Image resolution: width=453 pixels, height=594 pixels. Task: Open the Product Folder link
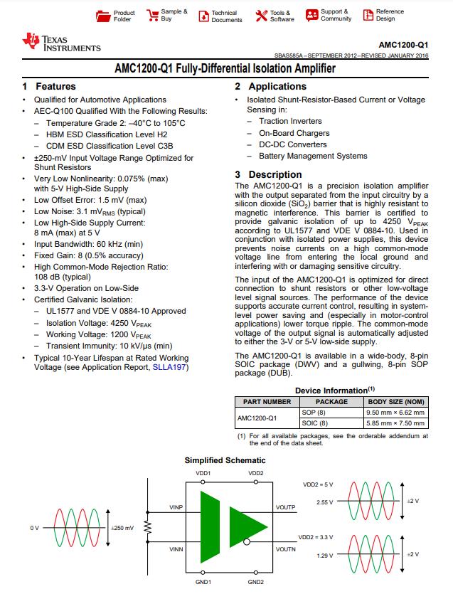coord(124,16)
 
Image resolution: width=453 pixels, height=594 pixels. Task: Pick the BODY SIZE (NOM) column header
coord(396,402)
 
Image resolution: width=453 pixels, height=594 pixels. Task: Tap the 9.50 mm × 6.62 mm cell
coord(395,412)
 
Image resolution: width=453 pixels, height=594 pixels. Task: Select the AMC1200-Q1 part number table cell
coord(257,418)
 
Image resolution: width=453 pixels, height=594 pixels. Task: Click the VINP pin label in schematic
coord(176,507)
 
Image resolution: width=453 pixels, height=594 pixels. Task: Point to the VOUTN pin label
coord(284,549)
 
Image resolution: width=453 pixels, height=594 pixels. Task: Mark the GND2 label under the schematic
coord(256,582)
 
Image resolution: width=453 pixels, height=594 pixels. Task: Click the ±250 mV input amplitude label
coord(122,529)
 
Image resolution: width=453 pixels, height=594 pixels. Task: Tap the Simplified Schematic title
coord(225,460)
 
